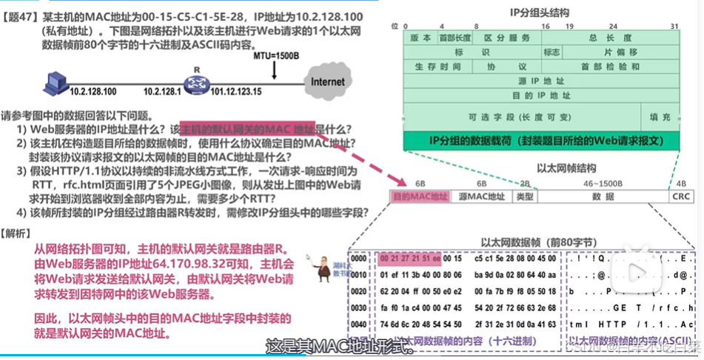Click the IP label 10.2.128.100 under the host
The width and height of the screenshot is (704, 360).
(x=93, y=92)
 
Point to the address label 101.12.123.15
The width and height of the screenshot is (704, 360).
(x=235, y=92)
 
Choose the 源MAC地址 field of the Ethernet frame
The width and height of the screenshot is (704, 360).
(x=481, y=196)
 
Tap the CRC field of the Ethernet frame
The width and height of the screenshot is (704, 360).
(x=680, y=196)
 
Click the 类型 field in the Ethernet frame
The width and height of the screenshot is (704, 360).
(x=524, y=196)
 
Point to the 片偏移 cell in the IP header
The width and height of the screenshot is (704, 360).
(x=621, y=53)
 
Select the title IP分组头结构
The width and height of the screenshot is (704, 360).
(x=540, y=12)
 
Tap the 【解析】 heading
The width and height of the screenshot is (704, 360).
(x=16, y=233)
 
